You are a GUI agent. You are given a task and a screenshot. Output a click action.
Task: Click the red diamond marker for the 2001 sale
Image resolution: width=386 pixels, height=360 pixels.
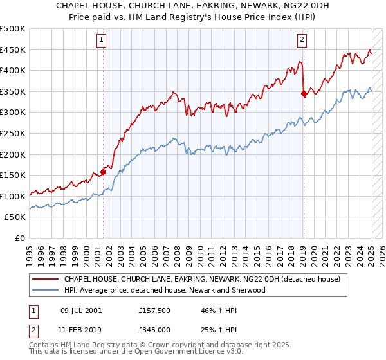(104, 172)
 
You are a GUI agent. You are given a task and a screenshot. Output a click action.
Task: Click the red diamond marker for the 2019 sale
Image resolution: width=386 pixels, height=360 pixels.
(304, 93)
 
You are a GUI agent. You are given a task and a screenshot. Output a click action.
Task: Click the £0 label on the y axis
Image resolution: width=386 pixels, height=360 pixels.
(20, 238)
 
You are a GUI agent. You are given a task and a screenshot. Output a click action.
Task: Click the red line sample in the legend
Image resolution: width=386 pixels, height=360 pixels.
(45, 280)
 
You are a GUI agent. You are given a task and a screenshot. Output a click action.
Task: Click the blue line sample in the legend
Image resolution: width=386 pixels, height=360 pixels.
(45, 290)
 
